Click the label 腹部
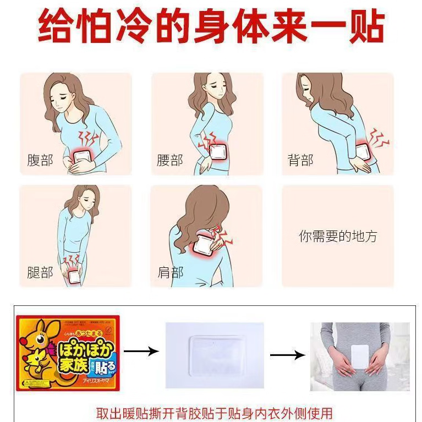[40, 160]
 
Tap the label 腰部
[170, 160]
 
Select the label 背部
[300, 160]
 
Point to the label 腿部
[40, 272]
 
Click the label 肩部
[170, 272]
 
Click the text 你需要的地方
[338, 237]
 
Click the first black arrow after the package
[141, 350]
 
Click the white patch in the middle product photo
[214, 354]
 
